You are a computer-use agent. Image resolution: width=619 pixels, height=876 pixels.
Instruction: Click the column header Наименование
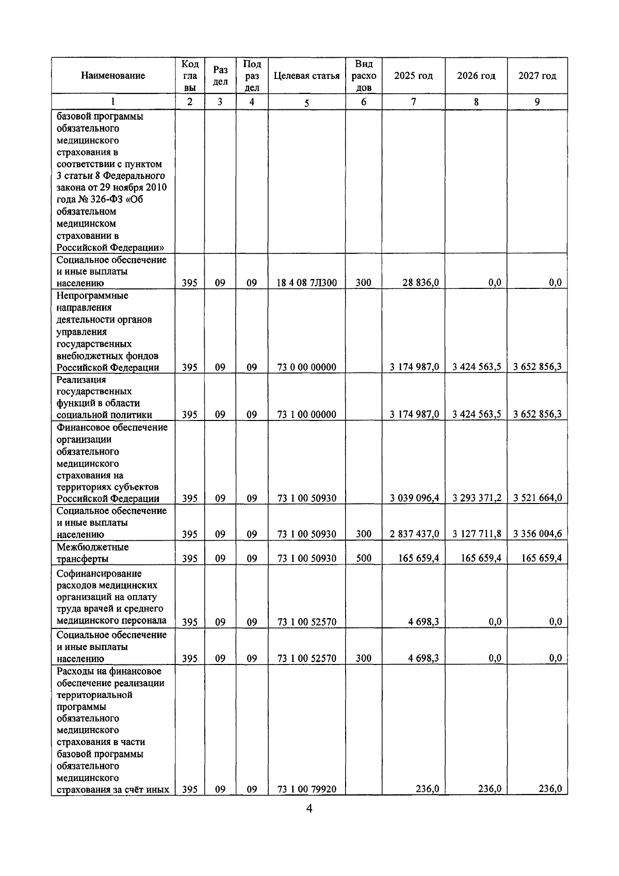(112, 76)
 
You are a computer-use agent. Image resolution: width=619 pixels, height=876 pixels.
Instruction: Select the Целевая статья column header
(306, 76)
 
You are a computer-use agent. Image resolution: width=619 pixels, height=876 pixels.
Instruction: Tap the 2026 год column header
(476, 76)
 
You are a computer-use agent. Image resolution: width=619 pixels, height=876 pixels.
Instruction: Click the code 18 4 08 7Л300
(306, 283)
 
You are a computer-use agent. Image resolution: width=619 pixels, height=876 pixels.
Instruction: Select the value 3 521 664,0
(537, 498)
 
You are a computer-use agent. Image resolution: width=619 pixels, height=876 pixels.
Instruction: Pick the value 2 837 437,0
(414, 534)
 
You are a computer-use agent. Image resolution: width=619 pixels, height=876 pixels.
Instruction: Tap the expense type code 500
(363, 558)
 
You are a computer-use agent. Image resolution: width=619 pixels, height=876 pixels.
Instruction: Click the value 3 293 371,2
(477, 498)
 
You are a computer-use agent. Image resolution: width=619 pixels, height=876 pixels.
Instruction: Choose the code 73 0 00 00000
(306, 367)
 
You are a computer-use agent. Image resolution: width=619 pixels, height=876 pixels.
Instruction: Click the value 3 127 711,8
(477, 534)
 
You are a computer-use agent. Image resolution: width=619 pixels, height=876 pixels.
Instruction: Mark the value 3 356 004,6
(537, 534)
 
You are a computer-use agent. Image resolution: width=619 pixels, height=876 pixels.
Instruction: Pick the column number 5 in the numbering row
(306, 103)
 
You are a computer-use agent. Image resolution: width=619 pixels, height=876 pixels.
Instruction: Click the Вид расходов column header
(363, 76)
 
